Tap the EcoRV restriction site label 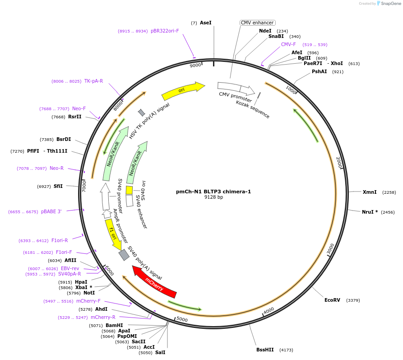[333, 300]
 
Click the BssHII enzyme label [265, 350]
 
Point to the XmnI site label [370, 192]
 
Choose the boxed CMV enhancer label [257, 23]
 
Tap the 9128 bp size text [213, 197]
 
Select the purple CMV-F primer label [288, 44]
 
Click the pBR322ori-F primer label [165, 31]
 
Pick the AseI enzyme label [205, 23]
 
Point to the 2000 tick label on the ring [339, 162]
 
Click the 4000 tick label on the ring [269, 311]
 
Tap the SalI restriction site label [161, 352]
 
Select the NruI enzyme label [370, 212]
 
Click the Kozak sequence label [252, 109]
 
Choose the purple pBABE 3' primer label [51, 211]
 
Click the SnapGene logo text [390, 4]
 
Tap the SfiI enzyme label [58, 186]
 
